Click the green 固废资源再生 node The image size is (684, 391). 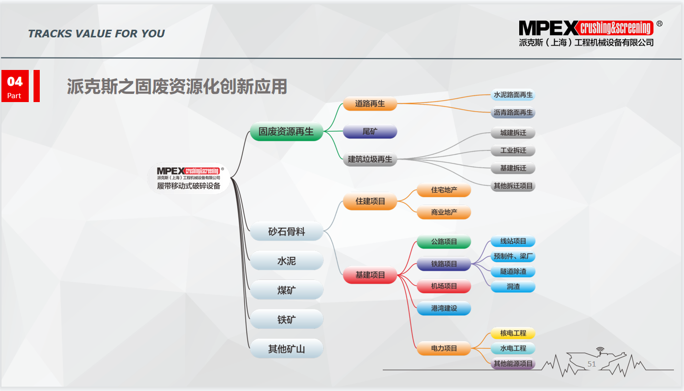tap(286, 131)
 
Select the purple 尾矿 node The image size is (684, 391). tap(370, 131)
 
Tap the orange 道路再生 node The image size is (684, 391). tap(370, 103)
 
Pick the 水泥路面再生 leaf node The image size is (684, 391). tap(513, 95)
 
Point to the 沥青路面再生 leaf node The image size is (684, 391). tap(513, 113)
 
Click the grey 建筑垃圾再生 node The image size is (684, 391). tap(370, 159)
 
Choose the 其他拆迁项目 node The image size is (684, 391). tap(513, 186)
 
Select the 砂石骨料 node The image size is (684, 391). tap(286, 231)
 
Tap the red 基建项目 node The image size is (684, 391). tap(370, 275)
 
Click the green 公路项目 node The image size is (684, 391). tap(444, 241)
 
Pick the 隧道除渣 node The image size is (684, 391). tap(513, 271)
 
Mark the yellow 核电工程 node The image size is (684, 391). tap(513, 333)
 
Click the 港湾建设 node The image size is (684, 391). tap(444, 308)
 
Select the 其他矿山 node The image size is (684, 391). tap(286, 348)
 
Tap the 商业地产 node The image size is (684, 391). tap(444, 212)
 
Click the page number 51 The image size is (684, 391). tap(592, 364)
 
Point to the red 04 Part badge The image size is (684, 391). tap(15, 86)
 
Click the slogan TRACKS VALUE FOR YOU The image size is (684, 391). tap(96, 34)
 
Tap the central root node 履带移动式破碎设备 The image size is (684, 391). tap(189, 178)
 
